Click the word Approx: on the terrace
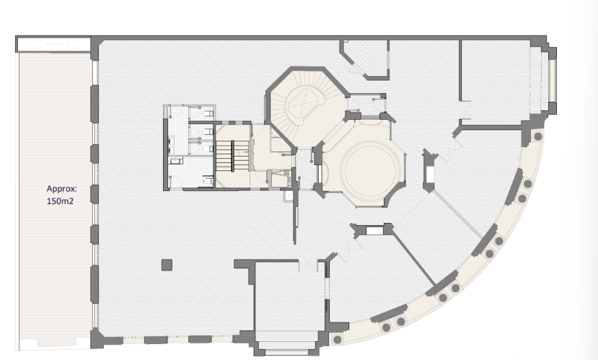click(62, 189)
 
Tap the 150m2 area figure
click(60, 201)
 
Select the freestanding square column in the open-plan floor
click(167, 265)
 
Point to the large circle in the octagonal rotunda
click(370, 169)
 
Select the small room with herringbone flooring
click(366, 57)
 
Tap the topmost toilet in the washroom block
click(208, 113)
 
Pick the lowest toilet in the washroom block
click(208, 180)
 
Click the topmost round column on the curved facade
click(537, 136)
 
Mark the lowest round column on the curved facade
click(337, 339)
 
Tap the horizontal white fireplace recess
click(374, 231)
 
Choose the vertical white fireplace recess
click(430, 174)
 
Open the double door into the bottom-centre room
click(308, 265)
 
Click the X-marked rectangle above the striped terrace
click(53, 45)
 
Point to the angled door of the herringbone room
click(358, 68)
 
